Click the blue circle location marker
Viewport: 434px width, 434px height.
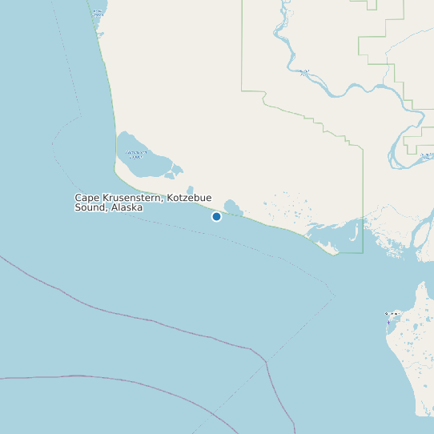tap(216, 216)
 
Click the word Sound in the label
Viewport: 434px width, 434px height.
tap(90, 207)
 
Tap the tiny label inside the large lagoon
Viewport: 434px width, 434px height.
tap(135, 154)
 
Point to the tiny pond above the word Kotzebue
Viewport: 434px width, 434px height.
tap(189, 189)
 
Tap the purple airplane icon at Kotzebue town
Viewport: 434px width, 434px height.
tap(388, 321)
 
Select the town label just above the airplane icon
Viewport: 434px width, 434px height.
tap(392, 313)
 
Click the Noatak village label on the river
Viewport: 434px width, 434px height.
tap(304, 72)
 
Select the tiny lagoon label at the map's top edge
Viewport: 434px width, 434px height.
tap(98, 11)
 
